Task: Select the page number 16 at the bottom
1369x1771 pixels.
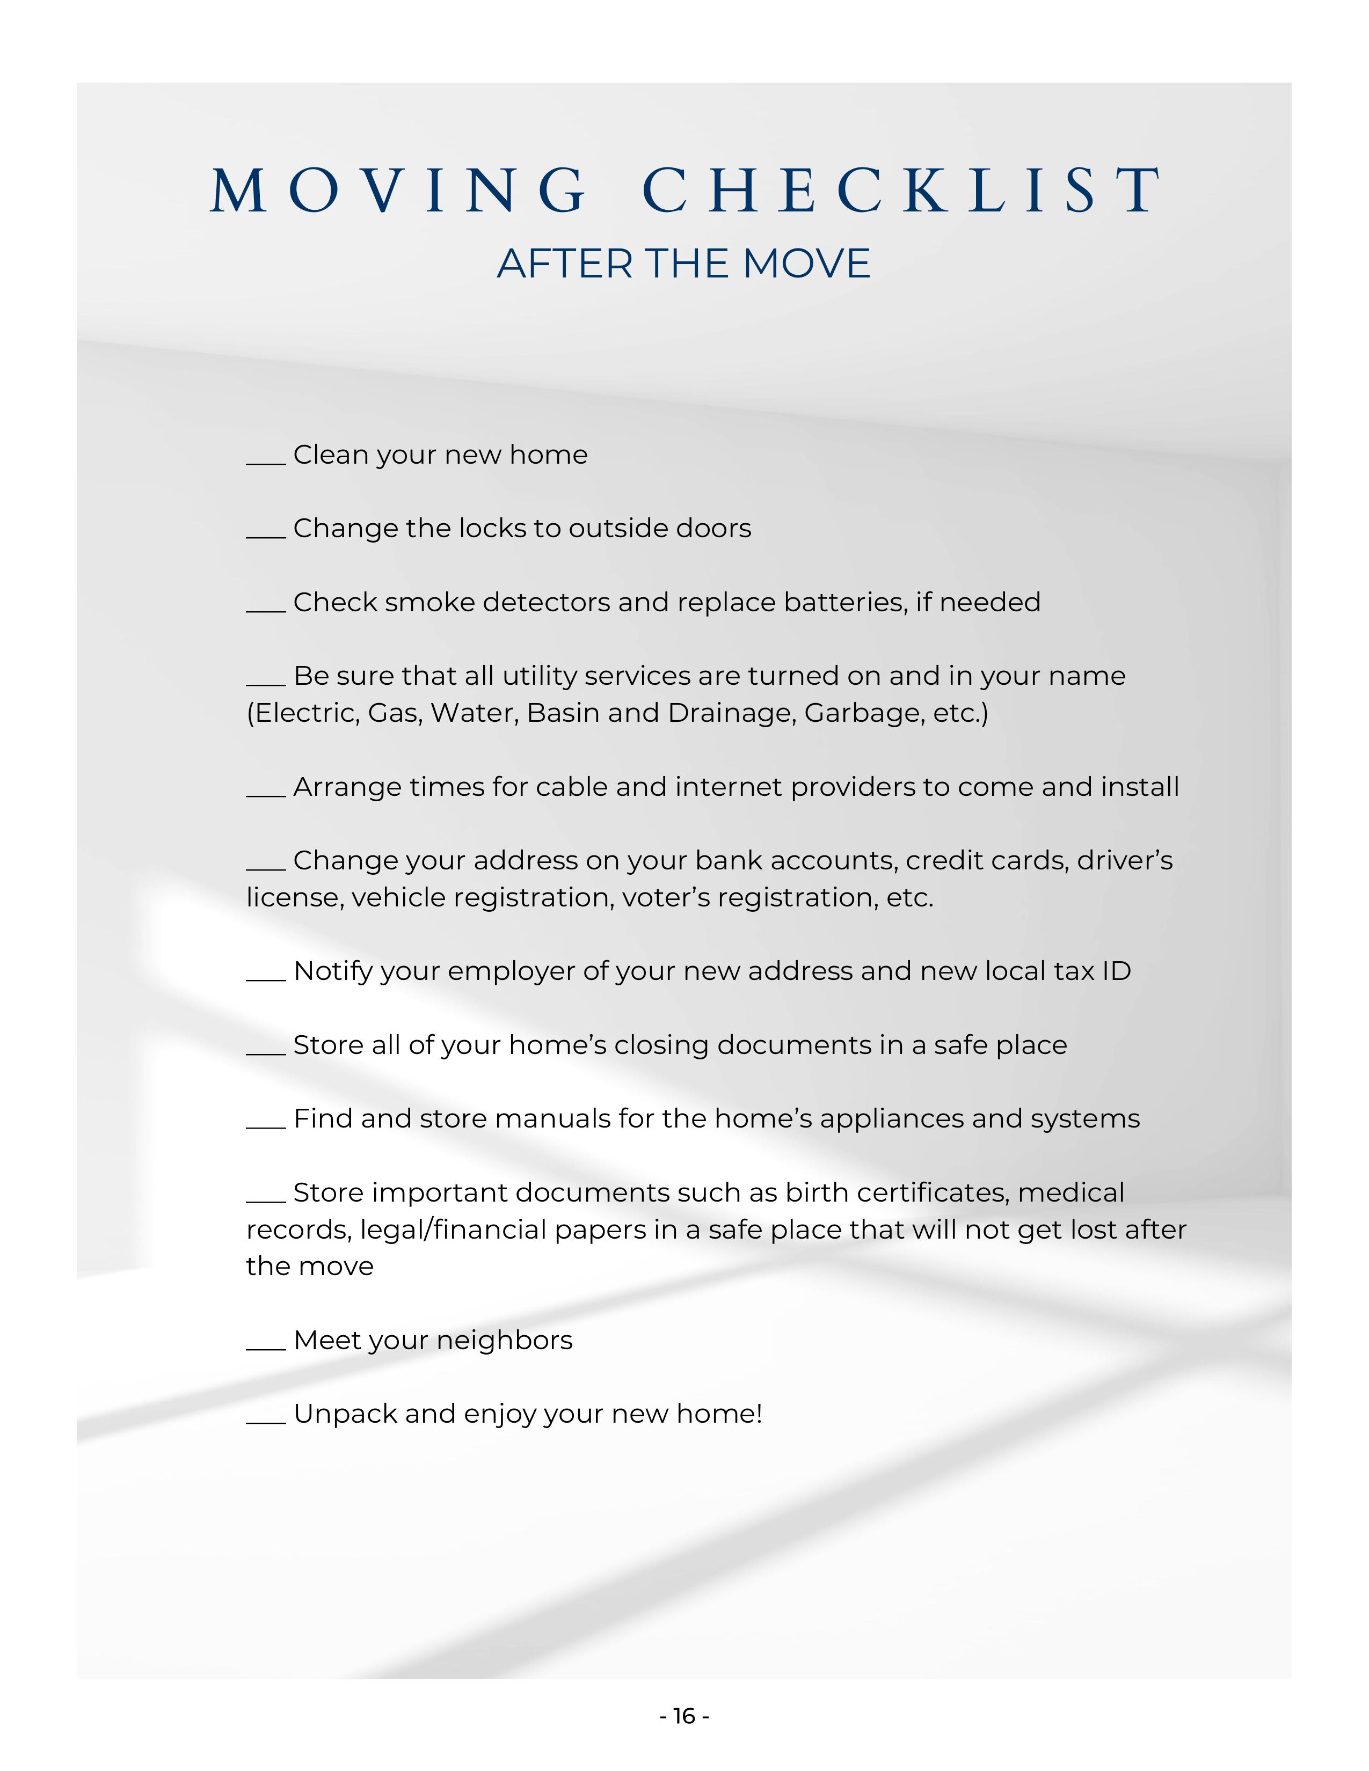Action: click(684, 1716)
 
